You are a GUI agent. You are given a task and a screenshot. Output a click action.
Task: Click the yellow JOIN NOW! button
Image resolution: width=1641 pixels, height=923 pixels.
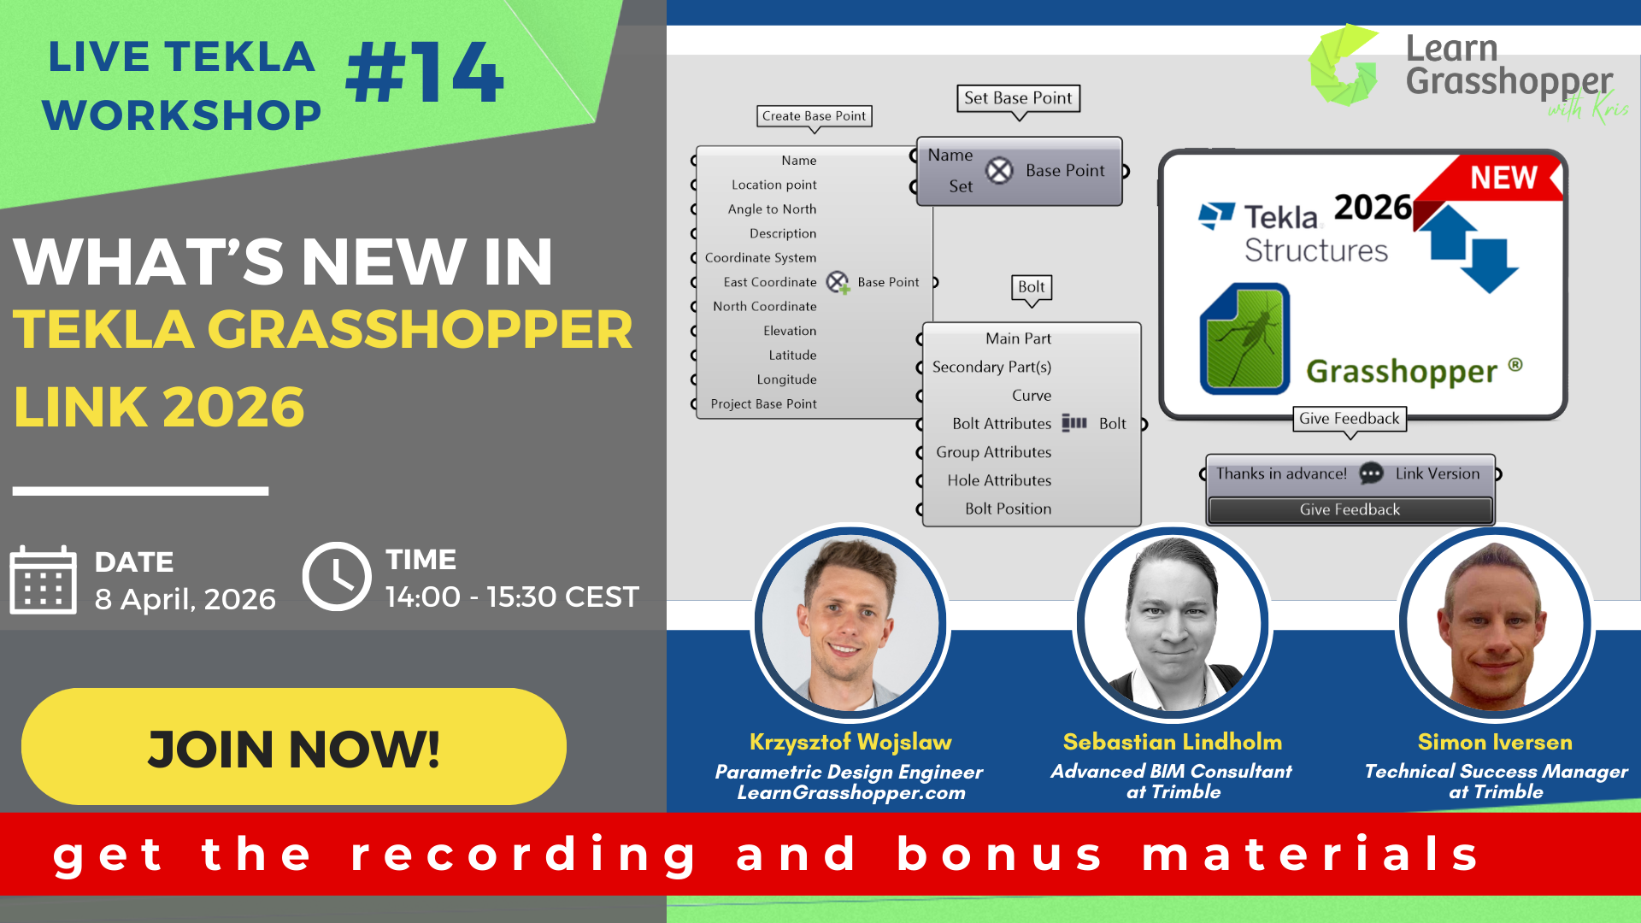click(293, 747)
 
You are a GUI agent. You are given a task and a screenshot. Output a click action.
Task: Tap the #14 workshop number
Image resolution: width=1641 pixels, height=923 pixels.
click(425, 74)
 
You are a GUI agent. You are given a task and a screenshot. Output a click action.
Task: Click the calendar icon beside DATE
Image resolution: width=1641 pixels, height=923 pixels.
click(43, 580)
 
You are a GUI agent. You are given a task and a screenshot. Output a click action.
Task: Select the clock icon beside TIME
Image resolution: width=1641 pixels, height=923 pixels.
click(337, 576)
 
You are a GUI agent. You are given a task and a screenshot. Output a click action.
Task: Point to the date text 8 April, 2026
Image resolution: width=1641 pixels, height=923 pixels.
click(185, 599)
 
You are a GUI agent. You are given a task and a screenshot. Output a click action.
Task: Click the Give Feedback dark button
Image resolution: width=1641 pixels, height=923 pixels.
click(1350, 509)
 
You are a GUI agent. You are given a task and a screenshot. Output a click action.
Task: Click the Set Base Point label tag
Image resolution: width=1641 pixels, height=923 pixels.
click(1018, 98)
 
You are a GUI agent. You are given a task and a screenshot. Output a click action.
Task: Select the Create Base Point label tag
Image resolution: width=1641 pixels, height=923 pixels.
click(814, 116)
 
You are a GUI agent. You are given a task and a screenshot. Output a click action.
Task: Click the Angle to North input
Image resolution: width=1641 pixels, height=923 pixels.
click(772, 209)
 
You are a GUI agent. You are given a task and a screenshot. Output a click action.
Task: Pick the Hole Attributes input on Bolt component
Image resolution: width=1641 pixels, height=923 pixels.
click(998, 480)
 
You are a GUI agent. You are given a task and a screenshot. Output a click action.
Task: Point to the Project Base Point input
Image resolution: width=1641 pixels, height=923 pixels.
click(763, 404)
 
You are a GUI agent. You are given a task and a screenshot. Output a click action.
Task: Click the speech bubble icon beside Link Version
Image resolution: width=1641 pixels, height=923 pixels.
click(1371, 473)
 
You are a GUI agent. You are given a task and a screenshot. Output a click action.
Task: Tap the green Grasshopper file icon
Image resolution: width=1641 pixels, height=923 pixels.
click(1244, 339)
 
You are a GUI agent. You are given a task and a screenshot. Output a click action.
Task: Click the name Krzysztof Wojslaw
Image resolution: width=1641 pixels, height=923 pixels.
click(850, 742)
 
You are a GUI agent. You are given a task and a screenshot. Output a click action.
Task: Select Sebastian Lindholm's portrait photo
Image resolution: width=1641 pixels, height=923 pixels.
click(1173, 623)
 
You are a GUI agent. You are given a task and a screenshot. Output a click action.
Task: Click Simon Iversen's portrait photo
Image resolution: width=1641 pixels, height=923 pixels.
click(1495, 623)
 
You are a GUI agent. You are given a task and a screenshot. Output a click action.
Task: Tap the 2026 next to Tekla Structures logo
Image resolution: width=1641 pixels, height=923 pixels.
click(1373, 207)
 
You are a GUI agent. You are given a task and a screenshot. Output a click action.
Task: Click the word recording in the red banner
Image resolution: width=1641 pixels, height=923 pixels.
click(525, 855)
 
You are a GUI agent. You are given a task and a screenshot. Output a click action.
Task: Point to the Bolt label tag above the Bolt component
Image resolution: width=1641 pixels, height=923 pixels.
click(1031, 287)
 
